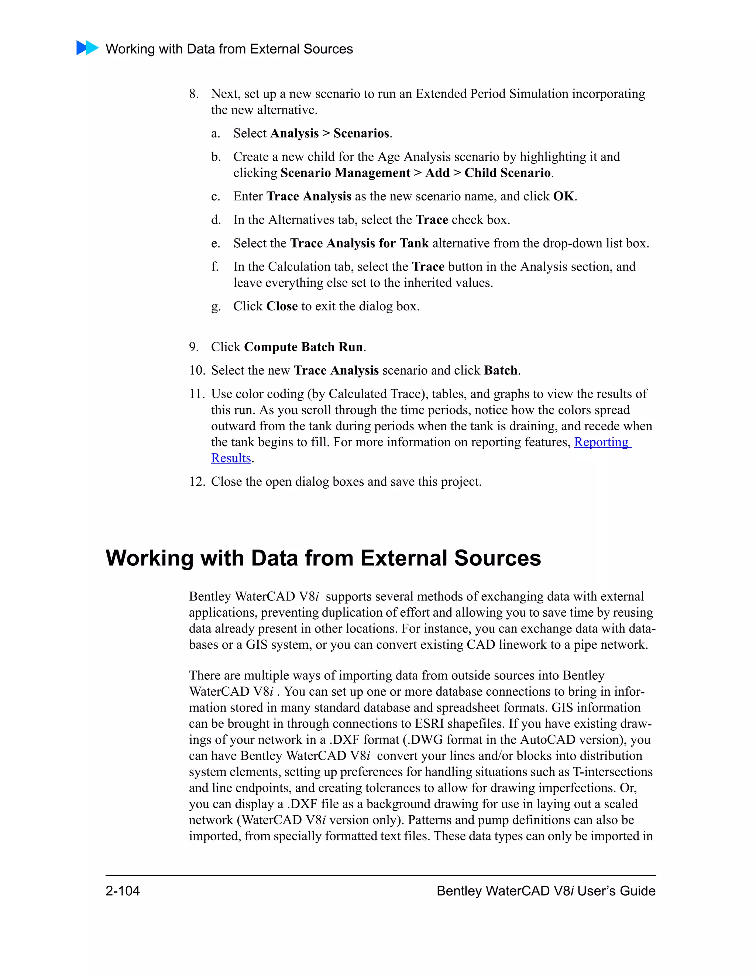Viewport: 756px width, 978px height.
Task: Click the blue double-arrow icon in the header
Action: coord(87,48)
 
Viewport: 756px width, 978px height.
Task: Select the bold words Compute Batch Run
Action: coord(303,347)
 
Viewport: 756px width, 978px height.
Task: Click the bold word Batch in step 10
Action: coord(500,370)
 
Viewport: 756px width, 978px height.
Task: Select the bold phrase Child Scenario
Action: coord(507,173)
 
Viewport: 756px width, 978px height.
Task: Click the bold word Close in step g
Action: coord(282,306)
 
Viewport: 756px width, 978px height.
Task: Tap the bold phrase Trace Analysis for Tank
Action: coord(359,243)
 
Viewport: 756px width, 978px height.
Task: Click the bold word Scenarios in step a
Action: coord(361,134)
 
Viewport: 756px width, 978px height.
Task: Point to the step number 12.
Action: coord(196,482)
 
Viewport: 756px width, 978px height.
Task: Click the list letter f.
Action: coord(215,267)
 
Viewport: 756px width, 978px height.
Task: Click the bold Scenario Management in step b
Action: coord(345,173)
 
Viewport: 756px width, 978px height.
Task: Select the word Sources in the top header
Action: coord(327,49)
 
